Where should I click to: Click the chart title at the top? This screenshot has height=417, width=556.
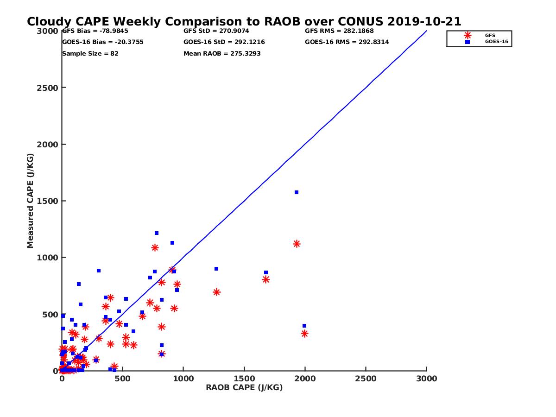point(244,22)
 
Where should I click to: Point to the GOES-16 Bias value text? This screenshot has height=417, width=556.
point(102,42)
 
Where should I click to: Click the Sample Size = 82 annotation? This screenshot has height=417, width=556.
point(90,54)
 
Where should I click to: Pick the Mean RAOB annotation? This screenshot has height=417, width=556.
point(222,54)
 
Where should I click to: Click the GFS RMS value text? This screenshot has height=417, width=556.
point(339,31)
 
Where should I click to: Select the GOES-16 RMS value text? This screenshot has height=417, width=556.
point(347,42)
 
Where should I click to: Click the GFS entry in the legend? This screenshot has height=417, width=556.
point(490,35)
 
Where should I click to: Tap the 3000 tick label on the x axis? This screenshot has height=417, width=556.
point(426,379)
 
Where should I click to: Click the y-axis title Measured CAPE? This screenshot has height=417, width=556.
point(31,201)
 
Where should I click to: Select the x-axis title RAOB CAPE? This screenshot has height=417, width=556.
point(244,388)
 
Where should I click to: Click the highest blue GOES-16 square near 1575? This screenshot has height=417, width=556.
point(297,192)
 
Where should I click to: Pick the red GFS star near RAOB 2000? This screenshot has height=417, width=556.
point(304,334)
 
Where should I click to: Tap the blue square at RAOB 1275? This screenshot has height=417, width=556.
point(216,269)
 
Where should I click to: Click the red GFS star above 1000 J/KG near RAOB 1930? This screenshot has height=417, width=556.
point(297,244)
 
